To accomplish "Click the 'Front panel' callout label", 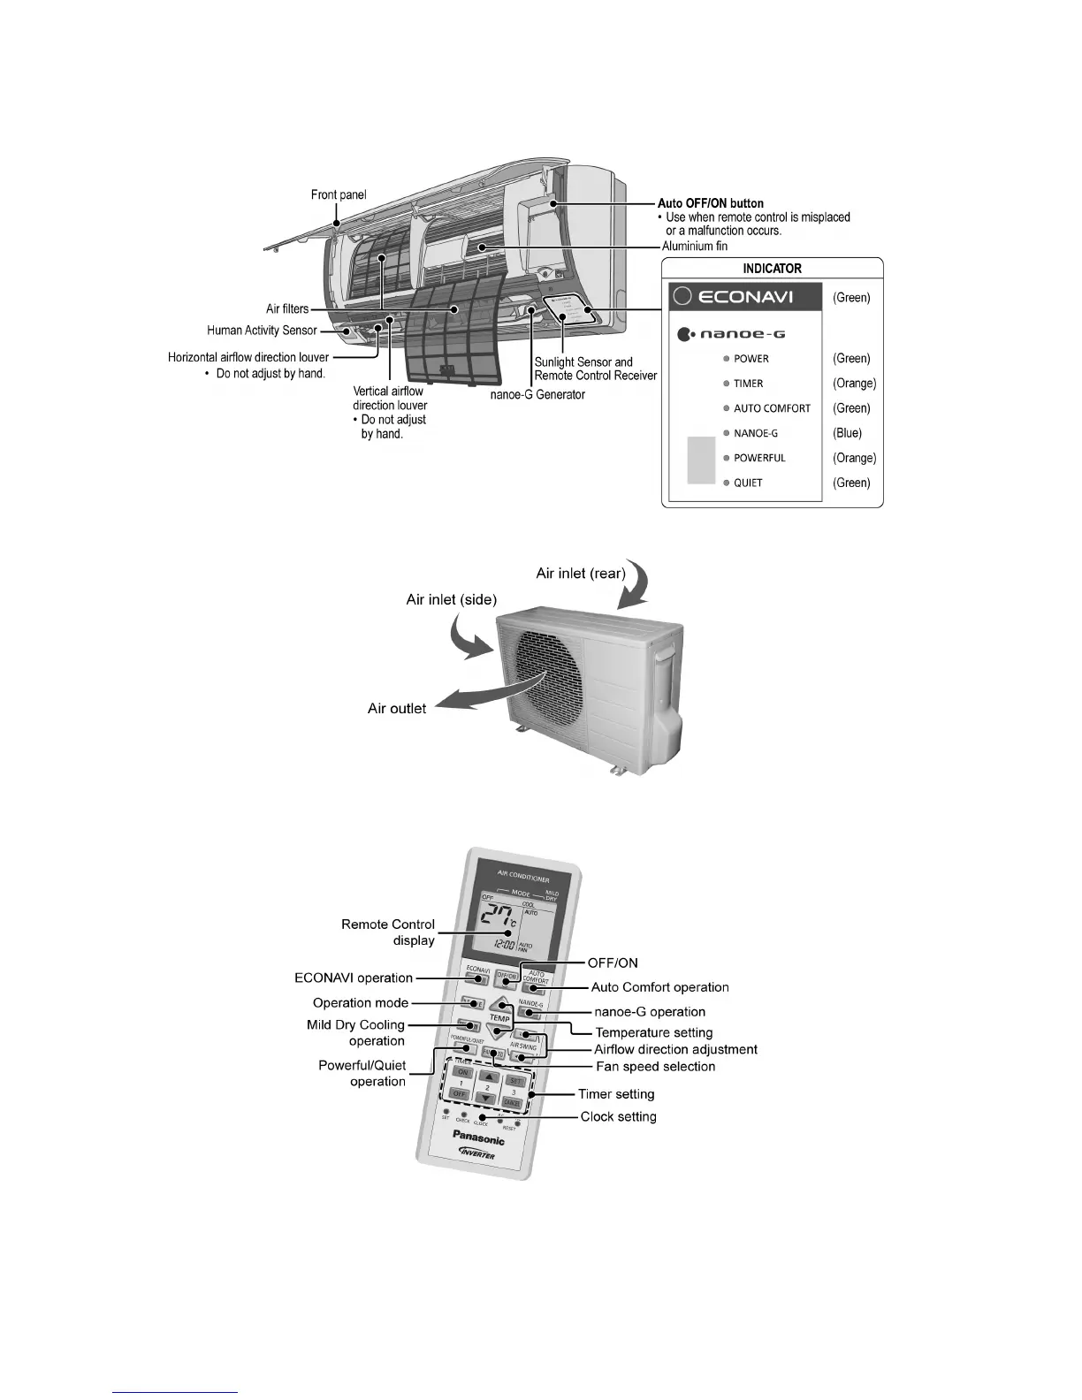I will tap(338, 194).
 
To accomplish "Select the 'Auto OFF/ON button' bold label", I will tap(710, 203).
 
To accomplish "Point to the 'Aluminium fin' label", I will tap(695, 246).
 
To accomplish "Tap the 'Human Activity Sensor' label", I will tap(262, 331).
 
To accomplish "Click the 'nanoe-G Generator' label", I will tap(537, 394).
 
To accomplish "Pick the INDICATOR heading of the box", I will tap(772, 269).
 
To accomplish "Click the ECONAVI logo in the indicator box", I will tap(733, 297).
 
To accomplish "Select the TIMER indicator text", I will tap(748, 384).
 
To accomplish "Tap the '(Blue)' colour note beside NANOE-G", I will tap(847, 433).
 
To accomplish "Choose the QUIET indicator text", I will tap(748, 483).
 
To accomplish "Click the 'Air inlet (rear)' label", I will tap(580, 574).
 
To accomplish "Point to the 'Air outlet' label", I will tap(397, 708).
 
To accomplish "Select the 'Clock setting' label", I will tap(618, 1116).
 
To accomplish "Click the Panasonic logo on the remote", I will tap(478, 1137).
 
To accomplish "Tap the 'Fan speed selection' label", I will tap(655, 1067).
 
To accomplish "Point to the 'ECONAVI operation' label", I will tap(354, 978).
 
